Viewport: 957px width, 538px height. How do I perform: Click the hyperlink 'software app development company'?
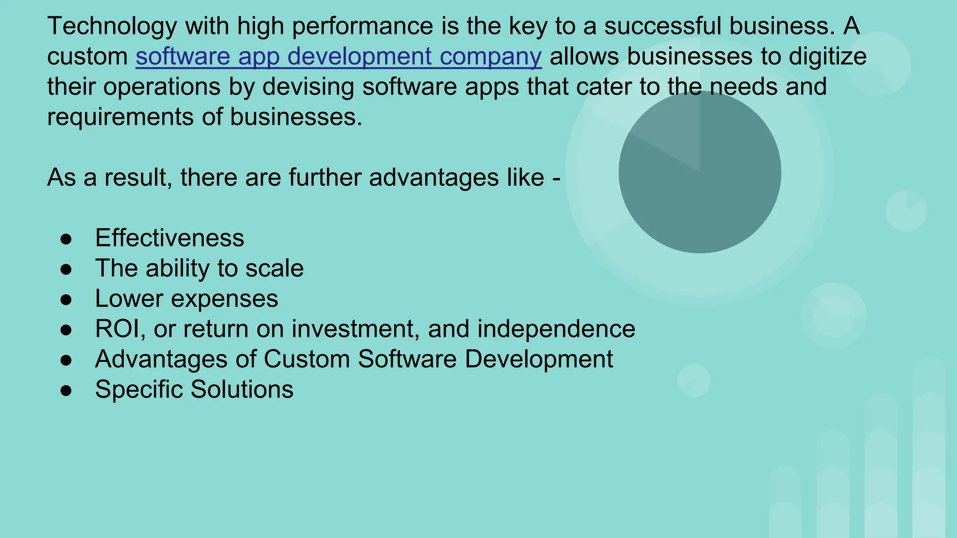coord(338,57)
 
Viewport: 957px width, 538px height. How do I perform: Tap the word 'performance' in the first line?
coord(363,26)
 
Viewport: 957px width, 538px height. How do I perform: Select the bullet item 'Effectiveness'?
coord(169,238)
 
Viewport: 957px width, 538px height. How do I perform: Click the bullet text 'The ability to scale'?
coord(199,269)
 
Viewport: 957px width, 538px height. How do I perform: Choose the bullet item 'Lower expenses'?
coord(186,299)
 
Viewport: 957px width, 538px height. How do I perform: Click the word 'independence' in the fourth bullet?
coord(556,329)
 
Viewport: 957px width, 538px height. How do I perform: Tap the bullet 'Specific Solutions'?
coord(194,389)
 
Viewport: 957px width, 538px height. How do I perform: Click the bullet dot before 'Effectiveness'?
coord(66,239)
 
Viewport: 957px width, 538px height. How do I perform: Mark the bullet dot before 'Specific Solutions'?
coord(66,390)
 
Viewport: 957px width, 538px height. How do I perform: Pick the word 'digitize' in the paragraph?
coord(828,57)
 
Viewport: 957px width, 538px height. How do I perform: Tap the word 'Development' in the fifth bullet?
coord(538,359)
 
